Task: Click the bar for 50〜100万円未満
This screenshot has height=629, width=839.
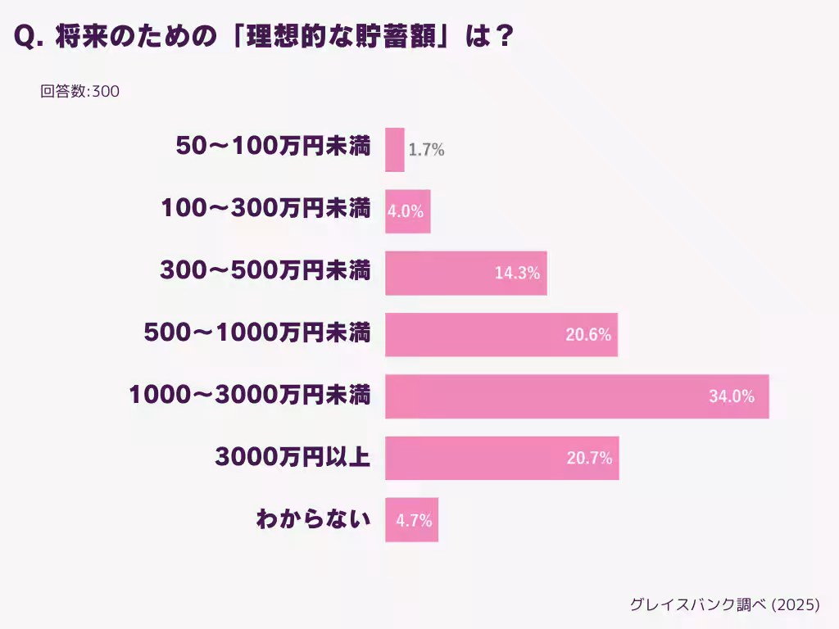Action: (x=395, y=150)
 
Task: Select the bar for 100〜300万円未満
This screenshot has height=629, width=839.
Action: (x=407, y=211)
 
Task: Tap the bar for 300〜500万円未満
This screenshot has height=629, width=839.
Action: (x=465, y=273)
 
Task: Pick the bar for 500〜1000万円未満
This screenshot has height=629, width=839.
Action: (x=501, y=334)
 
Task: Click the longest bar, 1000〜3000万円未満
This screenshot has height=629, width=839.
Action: (x=577, y=396)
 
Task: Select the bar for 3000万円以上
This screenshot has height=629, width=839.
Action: (x=501, y=458)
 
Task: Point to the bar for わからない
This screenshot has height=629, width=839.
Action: (x=411, y=519)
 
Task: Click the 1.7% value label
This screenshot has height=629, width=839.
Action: (x=426, y=150)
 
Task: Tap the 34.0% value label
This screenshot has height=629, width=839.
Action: (x=731, y=396)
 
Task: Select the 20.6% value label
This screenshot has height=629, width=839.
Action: (x=588, y=334)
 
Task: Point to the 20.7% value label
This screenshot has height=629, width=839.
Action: (x=589, y=458)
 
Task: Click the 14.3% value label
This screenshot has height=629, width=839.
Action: (x=517, y=273)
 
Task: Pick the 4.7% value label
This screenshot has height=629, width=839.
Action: (x=414, y=519)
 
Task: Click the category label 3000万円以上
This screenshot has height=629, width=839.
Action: (x=293, y=458)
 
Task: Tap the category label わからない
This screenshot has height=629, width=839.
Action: (x=313, y=519)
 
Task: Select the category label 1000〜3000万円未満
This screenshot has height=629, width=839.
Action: (x=250, y=396)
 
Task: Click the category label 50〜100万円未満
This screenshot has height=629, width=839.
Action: (x=274, y=147)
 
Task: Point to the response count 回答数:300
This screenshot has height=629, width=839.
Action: (x=80, y=92)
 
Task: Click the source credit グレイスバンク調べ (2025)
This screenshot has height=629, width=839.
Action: (x=724, y=604)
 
